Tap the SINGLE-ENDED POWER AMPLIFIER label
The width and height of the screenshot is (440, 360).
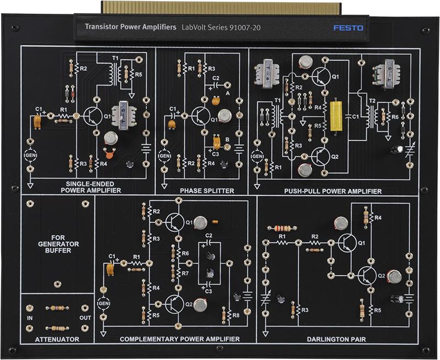point(94,187)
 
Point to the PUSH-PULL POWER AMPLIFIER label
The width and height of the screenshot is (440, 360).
point(333,191)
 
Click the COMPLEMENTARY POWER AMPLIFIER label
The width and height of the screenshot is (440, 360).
point(180,339)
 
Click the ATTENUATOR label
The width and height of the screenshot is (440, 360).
point(57,339)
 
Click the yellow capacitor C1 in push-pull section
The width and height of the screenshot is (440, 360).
point(336,116)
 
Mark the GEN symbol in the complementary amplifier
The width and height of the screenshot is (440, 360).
point(103,303)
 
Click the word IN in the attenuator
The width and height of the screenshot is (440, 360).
point(30,318)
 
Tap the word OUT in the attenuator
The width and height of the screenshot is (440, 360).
point(84,318)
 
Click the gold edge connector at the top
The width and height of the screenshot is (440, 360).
point(220,7)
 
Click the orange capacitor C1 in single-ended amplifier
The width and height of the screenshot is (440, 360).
point(37,121)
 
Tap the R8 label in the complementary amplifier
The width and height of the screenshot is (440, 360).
point(236,315)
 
